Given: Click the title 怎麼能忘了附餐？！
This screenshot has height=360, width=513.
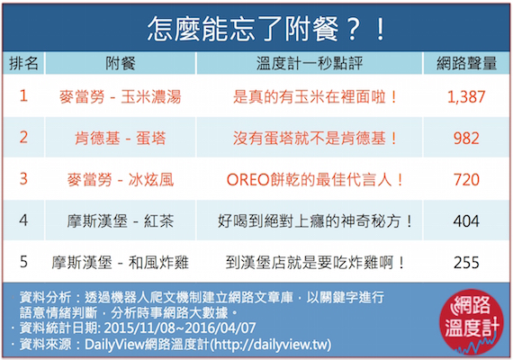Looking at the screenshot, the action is [266, 29].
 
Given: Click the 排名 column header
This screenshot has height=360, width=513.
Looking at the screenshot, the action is [23, 63].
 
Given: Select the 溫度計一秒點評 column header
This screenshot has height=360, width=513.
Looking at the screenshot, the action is [310, 63].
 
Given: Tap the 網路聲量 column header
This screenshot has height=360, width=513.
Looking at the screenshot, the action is [466, 63].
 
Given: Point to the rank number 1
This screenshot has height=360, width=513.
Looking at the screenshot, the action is [23, 96].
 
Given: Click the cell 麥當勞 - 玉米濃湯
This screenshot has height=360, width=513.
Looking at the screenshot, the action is [120, 97].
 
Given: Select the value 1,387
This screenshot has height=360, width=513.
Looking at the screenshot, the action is [466, 97].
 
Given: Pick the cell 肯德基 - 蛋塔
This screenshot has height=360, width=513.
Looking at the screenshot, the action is [120, 138].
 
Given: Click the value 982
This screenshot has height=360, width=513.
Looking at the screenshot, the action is [466, 138].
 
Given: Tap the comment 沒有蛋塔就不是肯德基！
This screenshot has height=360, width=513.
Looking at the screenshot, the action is [315, 138].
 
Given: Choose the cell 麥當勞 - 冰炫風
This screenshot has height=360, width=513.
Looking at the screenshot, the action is [120, 180].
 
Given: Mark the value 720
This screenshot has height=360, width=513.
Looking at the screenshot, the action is [466, 180].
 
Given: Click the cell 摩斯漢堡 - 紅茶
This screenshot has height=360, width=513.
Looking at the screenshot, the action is [120, 220].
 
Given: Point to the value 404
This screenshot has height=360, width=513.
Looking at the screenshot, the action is [466, 220].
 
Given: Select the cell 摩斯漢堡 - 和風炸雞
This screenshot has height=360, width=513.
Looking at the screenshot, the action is [120, 263].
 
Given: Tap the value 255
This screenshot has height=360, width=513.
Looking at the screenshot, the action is [466, 263].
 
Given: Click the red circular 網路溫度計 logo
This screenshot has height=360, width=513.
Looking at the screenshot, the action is [471, 321].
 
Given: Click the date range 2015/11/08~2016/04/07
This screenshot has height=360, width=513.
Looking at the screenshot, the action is [180, 328].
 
